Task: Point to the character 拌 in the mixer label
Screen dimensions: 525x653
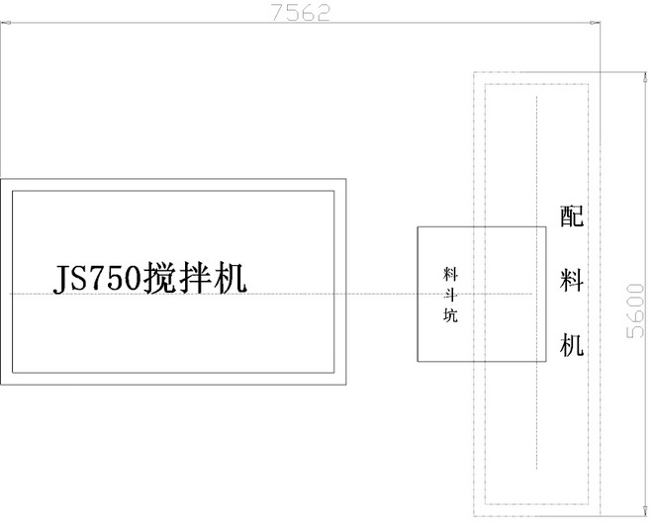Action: tap(195, 279)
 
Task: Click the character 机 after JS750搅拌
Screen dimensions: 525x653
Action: tap(230, 279)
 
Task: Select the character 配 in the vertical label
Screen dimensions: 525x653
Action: tap(572, 217)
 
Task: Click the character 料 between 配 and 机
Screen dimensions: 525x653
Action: tap(572, 281)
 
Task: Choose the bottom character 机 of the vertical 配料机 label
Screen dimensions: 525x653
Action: tap(572, 345)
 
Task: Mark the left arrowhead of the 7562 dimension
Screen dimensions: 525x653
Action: tap(3, 23)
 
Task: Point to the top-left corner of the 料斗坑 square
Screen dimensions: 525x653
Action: tap(418, 226)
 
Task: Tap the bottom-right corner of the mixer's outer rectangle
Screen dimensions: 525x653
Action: tap(347, 384)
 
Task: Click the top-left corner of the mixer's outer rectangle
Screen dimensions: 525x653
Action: tap(1, 178)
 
